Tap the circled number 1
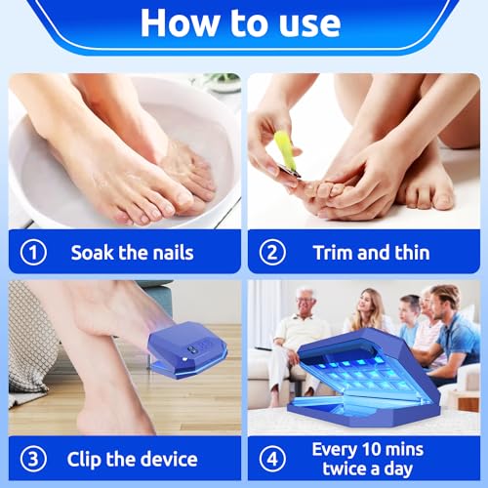33,252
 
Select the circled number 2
272,252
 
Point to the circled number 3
33,459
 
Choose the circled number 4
272,459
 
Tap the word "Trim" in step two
333,253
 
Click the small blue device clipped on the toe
188,350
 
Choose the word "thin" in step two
412,253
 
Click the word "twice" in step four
345,468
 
